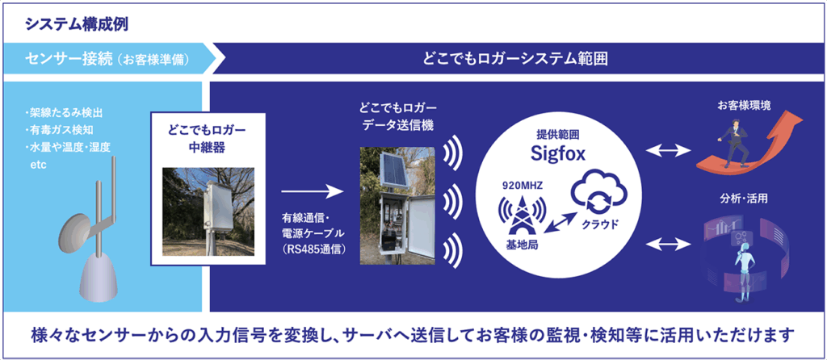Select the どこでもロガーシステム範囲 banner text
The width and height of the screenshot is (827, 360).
pos(514,60)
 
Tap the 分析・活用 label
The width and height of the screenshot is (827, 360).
pos(744,197)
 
